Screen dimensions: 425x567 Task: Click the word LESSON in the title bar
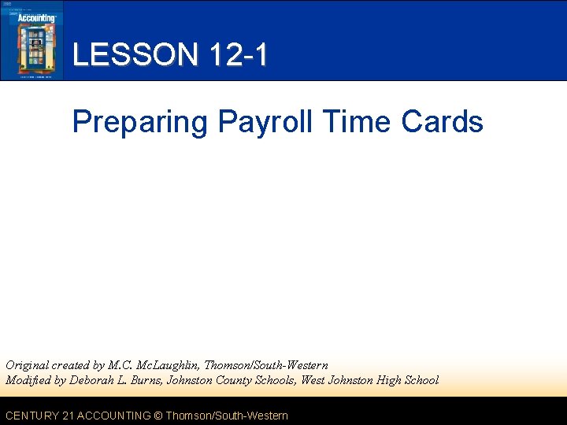[135, 55]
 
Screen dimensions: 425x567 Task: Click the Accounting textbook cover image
[32, 40]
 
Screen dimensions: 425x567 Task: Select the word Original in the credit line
[28, 365]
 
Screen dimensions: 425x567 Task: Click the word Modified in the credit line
[28, 380]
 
